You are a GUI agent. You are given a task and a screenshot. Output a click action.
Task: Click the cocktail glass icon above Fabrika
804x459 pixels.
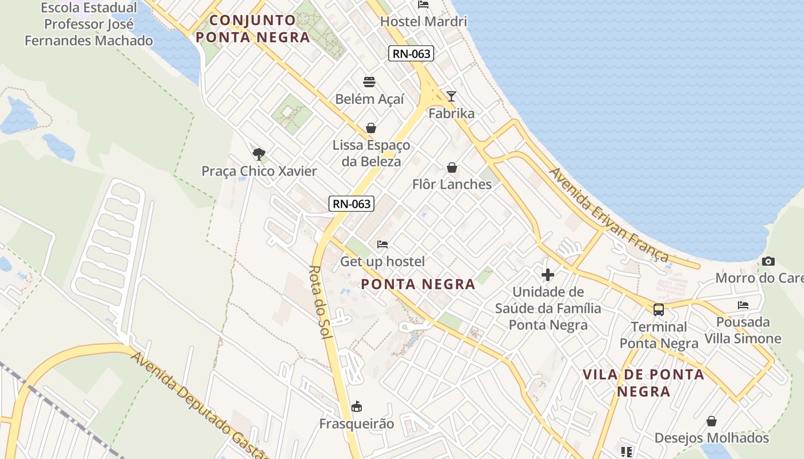(x=451, y=96)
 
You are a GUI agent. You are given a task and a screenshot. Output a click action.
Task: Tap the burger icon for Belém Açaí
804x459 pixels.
(x=369, y=82)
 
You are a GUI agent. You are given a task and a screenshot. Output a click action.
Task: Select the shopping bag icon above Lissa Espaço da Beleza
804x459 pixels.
(x=371, y=128)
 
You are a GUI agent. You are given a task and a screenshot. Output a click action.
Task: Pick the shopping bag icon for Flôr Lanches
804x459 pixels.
(x=452, y=168)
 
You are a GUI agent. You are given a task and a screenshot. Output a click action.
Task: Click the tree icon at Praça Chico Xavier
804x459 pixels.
(x=259, y=154)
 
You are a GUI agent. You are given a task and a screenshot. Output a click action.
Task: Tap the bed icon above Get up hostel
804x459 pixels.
(x=382, y=244)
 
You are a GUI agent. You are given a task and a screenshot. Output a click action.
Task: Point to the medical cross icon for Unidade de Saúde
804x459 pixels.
(x=548, y=274)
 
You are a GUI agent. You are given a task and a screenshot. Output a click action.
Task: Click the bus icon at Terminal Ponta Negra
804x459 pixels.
(x=659, y=310)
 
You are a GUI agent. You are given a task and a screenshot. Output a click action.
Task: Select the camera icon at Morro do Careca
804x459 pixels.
(x=768, y=262)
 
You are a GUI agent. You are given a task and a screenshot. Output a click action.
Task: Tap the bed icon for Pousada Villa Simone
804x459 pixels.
(x=743, y=305)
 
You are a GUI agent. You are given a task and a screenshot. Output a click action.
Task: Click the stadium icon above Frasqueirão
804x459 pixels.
(x=357, y=407)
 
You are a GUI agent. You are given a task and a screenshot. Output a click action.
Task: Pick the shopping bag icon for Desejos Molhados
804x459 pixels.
(x=712, y=421)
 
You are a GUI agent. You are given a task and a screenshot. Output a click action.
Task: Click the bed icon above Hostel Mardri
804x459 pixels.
(x=423, y=5)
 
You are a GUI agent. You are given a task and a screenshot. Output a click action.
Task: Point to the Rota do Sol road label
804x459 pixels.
(x=320, y=302)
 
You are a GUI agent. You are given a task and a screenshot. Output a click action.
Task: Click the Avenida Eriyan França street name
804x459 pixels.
(x=609, y=215)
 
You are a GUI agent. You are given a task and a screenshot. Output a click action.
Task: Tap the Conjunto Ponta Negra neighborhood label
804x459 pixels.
(x=253, y=29)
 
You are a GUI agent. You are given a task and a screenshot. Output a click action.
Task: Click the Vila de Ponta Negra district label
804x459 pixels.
(x=643, y=383)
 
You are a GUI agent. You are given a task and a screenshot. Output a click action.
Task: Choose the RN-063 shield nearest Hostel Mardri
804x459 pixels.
(x=411, y=54)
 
